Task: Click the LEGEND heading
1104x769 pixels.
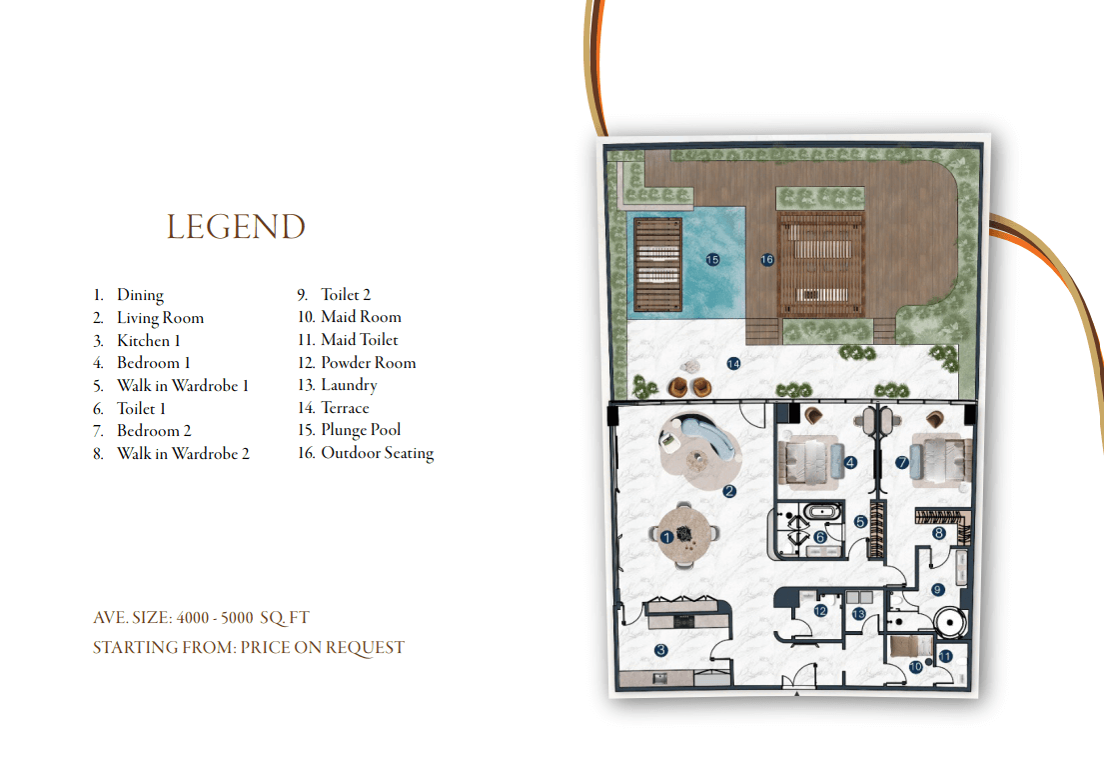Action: pos(236,227)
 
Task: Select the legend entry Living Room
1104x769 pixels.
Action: pos(161,318)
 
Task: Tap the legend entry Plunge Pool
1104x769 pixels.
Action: pos(361,430)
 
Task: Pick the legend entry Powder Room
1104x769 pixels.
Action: pos(369,362)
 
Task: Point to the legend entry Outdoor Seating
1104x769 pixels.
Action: pos(378,453)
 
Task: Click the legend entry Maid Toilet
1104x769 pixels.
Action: pos(360,340)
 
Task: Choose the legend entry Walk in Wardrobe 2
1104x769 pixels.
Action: pos(183,453)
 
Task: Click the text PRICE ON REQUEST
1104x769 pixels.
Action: pos(323,648)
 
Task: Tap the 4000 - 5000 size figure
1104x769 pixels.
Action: pos(215,618)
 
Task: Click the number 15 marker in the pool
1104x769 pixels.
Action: pos(712,260)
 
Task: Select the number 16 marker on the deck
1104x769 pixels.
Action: pos(767,260)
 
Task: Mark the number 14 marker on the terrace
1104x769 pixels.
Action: pos(733,364)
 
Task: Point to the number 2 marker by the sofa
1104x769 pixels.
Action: pos(729,491)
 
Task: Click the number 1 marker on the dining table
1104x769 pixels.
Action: pos(666,538)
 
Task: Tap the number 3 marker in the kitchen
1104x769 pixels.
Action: pos(660,651)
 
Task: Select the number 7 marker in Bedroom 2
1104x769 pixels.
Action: pos(902,463)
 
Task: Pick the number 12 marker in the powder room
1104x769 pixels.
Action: pos(820,611)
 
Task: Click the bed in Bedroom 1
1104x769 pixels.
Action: pos(809,462)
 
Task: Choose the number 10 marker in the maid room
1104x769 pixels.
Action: pos(916,667)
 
